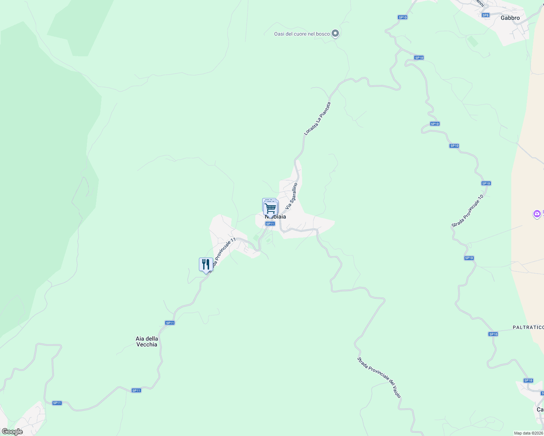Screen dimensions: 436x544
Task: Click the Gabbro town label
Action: (510, 18)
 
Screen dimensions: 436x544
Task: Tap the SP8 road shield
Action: (485, 15)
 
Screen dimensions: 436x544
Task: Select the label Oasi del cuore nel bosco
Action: (302, 34)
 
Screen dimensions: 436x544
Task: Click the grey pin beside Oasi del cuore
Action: (336, 33)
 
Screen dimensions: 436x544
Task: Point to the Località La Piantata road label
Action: (317, 118)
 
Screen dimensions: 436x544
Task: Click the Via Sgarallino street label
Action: (292, 196)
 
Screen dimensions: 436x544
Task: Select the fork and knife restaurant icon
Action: (206, 264)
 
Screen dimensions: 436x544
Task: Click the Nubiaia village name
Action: (276, 217)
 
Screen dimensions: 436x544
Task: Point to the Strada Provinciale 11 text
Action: (223, 254)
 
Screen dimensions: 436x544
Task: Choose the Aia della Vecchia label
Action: (147, 342)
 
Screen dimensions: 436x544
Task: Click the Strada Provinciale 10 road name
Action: (468, 211)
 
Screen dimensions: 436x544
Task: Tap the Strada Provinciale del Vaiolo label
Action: (379, 378)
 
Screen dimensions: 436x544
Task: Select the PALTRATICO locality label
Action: (528, 327)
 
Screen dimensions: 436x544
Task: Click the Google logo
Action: (12, 432)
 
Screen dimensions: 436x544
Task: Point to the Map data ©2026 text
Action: (528, 433)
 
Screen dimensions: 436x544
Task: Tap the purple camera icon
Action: (537, 214)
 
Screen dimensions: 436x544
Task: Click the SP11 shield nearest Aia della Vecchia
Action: (170, 323)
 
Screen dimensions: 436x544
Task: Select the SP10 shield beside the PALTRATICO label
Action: (493, 334)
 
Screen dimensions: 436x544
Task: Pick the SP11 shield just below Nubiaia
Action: (270, 224)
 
